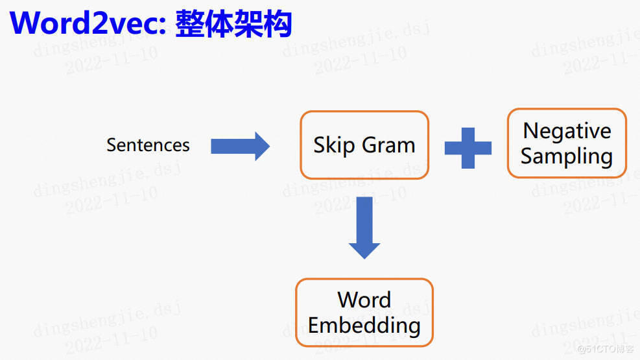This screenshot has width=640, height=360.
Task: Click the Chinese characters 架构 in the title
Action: [x=263, y=23]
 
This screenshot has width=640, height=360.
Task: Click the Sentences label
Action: [x=148, y=145]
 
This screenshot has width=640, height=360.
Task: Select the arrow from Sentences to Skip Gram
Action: [x=240, y=146]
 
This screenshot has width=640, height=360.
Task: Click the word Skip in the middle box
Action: [x=333, y=145]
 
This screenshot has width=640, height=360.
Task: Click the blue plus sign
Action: [x=468, y=147]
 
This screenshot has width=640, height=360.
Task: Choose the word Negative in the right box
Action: [x=567, y=131]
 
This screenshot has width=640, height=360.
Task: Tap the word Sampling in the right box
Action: [x=567, y=156]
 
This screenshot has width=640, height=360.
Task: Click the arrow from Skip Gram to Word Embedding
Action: [x=364, y=227]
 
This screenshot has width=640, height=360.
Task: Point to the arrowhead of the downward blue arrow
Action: [x=364, y=250]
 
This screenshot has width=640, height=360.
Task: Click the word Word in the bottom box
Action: [x=364, y=300]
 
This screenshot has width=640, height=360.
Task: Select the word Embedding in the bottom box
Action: [x=364, y=325]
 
